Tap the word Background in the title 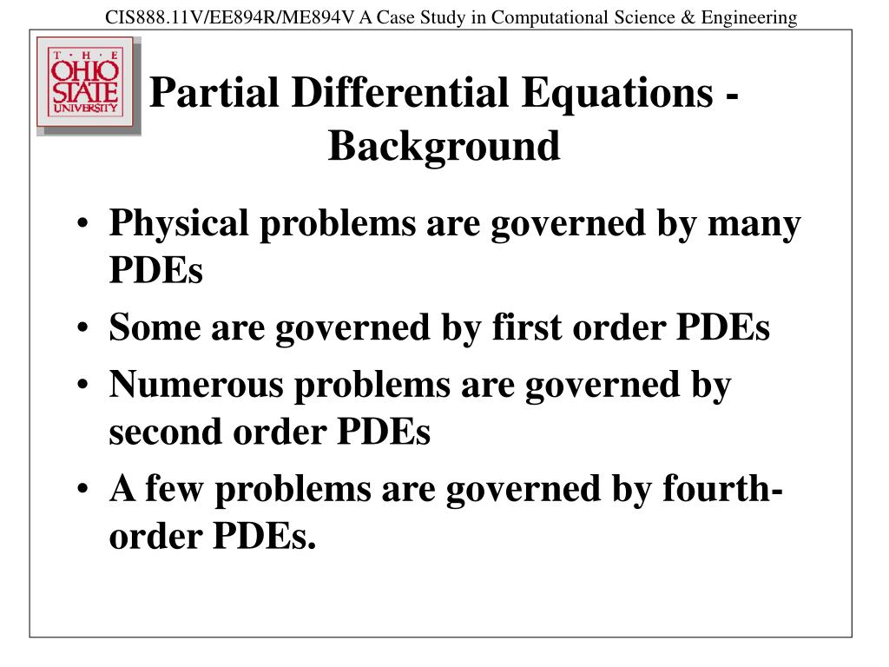[x=444, y=145]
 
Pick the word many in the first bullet [x=754, y=224]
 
